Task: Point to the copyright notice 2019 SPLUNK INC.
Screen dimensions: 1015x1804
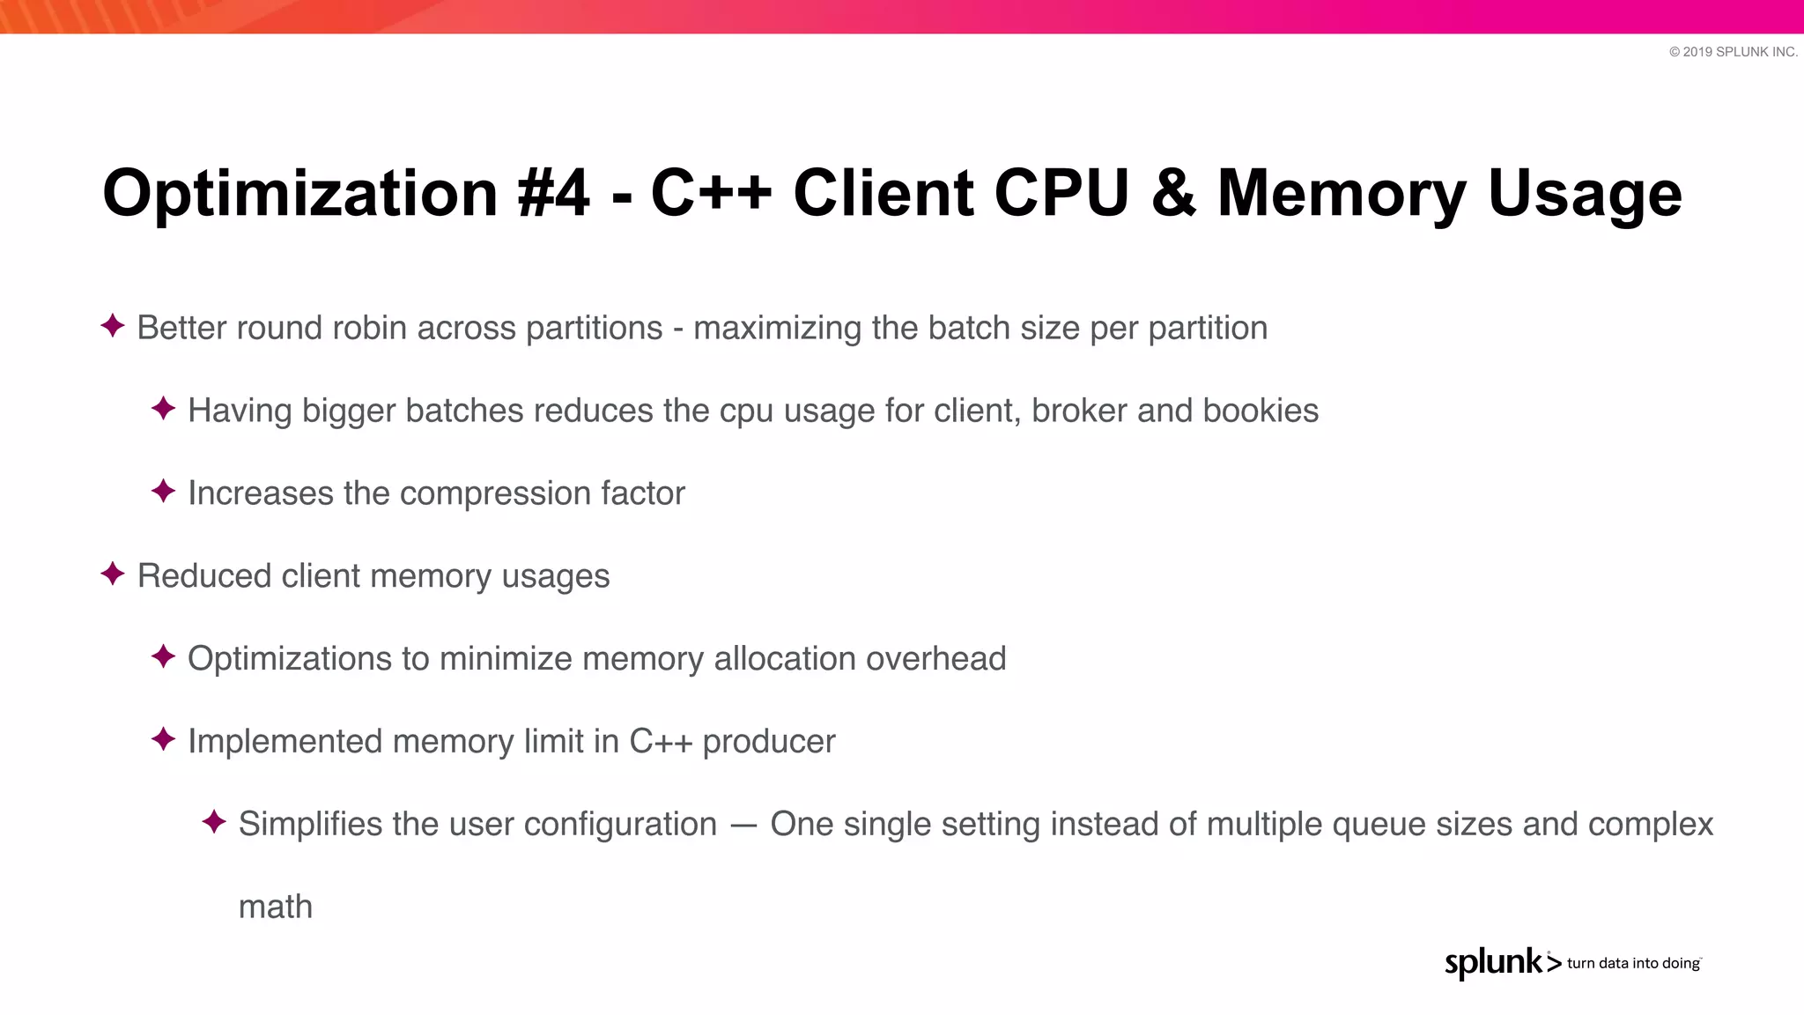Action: (x=1733, y=52)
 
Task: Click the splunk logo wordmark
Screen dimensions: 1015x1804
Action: (x=1494, y=962)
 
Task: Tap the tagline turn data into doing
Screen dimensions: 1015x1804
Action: (x=1633, y=963)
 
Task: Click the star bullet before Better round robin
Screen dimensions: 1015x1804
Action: (x=113, y=326)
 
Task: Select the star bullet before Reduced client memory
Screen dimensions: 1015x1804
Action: (x=113, y=574)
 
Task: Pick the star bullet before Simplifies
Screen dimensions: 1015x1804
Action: (x=214, y=822)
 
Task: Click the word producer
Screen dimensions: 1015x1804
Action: (x=768, y=742)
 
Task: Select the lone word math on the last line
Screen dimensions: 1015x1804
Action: (x=276, y=907)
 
